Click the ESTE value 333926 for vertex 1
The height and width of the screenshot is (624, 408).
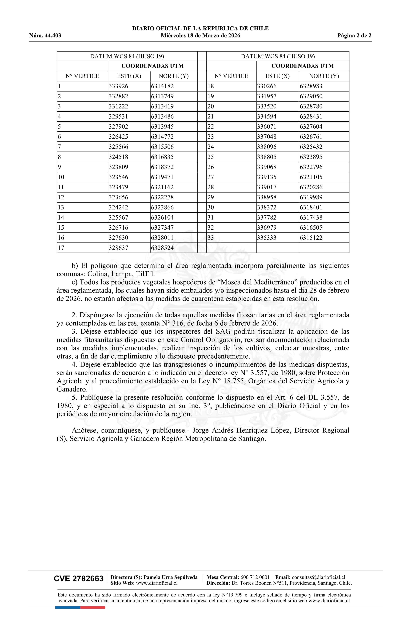click(119, 86)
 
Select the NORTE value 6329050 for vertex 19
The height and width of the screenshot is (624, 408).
click(311, 96)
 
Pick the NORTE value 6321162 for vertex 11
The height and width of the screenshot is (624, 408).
click(162, 187)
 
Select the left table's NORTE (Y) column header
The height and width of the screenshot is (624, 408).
click(174, 76)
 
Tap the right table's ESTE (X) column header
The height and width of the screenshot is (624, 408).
click(277, 76)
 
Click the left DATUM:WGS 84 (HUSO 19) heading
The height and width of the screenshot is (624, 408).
click(127, 56)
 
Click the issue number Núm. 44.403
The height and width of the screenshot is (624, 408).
click(45, 36)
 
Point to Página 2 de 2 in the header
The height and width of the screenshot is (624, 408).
click(354, 36)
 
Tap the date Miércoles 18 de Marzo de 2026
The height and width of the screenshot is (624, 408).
click(200, 36)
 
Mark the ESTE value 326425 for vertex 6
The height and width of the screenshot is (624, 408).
click(119, 137)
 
